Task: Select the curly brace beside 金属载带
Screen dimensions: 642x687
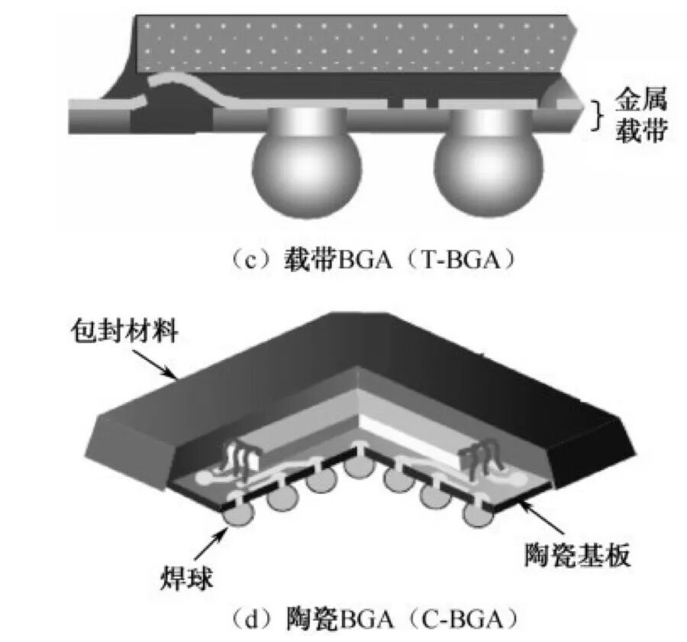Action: pos(598,115)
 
